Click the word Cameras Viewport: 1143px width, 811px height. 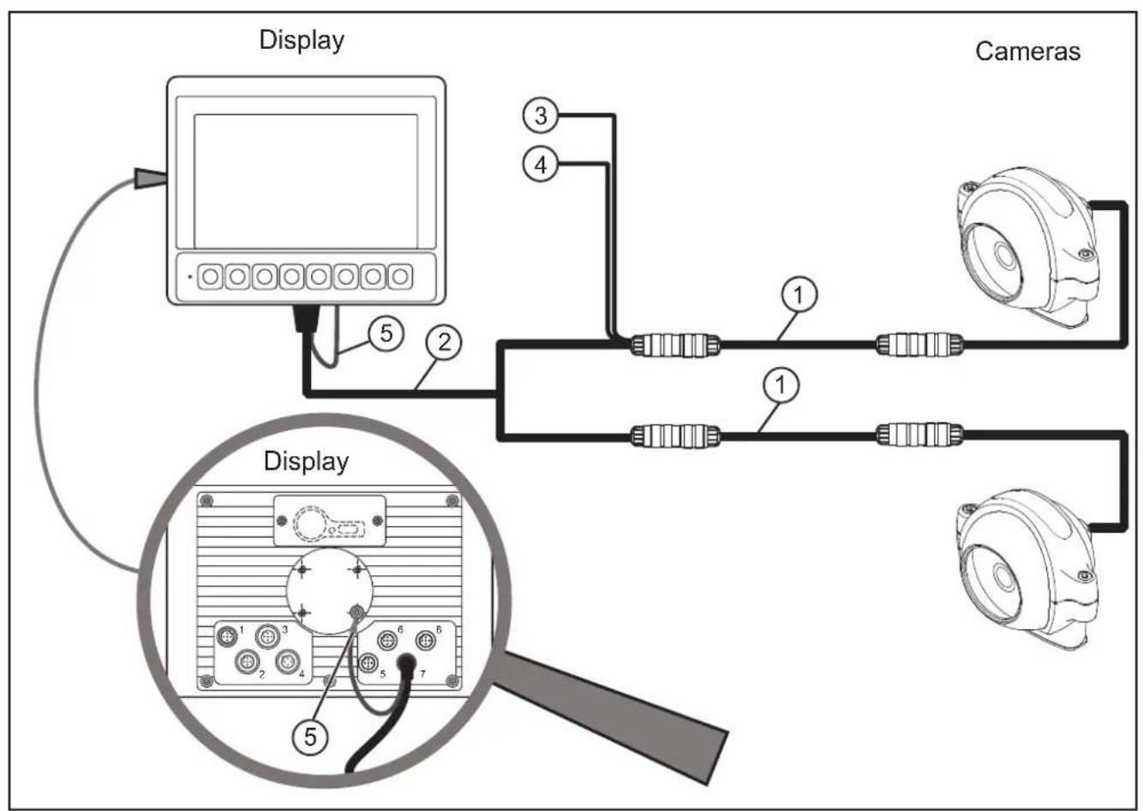(1027, 51)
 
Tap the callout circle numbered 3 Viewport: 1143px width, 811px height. (540, 116)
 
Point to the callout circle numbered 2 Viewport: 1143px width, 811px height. (444, 344)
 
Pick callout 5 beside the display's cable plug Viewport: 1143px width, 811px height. (387, 332)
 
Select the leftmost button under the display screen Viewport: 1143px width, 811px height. (210, 277)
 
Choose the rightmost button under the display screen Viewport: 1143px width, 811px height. (400, 277)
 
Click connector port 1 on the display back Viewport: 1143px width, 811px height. (228, 635)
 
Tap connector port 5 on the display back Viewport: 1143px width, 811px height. (369, 663)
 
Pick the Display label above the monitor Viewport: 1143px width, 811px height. (302, 40)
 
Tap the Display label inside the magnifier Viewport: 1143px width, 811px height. (306, 461)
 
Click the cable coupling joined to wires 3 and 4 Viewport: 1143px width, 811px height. (675, 345)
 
